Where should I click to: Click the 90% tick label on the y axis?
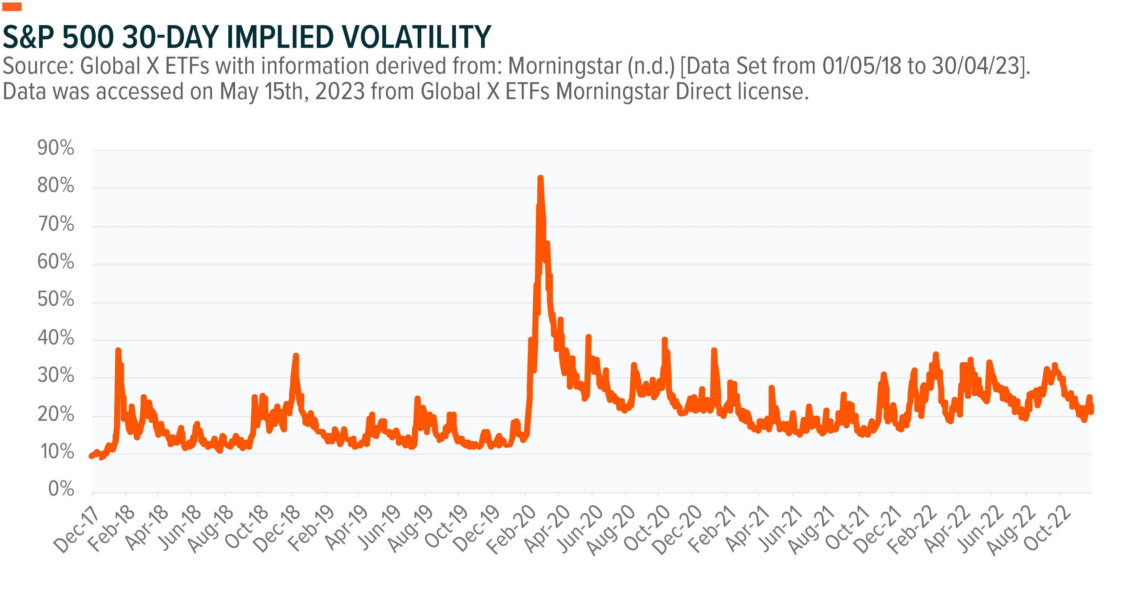[x=55, y=148]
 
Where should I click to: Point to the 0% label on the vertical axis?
[x=61, y=489]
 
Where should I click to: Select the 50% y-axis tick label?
[x=55, y=299]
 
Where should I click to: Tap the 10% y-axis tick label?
[x=57, y=451]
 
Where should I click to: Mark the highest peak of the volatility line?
[x=540, y=178]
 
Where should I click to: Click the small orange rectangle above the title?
[x=12, y=6]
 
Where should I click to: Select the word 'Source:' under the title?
[x=38, y=66]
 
